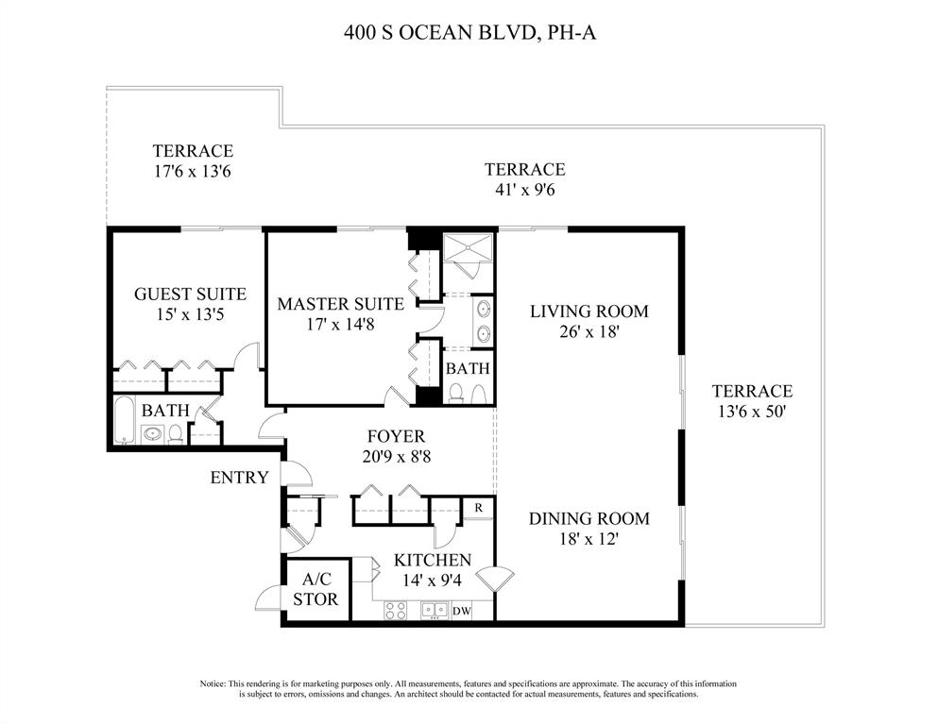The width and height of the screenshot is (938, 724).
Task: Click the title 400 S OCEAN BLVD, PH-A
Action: (x=469, y=34)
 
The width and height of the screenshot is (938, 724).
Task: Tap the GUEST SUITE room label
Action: (x=190, y=295)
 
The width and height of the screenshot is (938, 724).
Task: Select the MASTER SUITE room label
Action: (x=340, y=304)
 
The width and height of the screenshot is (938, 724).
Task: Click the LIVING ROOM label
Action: (x=588, y=311)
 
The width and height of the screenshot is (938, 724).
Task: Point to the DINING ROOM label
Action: (x=588, y=518)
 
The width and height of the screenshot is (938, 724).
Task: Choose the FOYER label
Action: (x=396, y=437)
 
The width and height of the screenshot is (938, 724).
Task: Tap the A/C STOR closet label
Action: (x=316, y=590)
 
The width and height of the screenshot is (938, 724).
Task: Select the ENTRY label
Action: (x=239, y=478)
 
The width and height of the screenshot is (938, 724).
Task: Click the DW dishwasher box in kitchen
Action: (x=462, y=611)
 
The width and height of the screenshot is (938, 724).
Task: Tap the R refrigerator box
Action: (x=479, y=508)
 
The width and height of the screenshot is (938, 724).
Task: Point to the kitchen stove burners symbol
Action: (x=395, y=611)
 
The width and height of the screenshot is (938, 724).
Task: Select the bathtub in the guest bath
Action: (x=125, y=422)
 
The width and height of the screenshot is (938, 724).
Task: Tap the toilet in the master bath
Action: (x=455, y=394)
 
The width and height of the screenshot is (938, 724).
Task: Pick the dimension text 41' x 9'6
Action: (x=524, y=190)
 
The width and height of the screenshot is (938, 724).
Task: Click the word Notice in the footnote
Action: (x=213, y=683)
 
